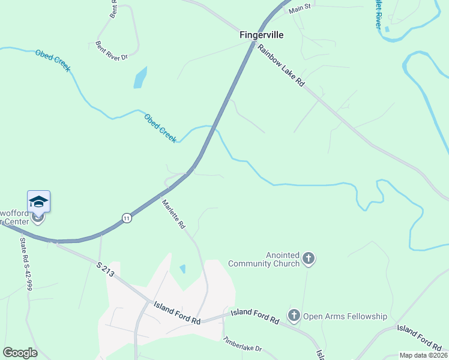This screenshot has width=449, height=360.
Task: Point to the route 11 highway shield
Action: pyautogui.click(x=126, y=218)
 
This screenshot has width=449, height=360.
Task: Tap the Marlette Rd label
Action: pyautogui.click(x=173, y=214)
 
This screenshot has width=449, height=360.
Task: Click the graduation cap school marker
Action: pyautogui.click(x=38, y=201)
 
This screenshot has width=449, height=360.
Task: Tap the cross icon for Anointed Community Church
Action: pyautogui.click(x=309, y=259)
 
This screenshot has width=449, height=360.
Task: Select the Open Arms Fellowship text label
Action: pyautogui.click(x=345, y=316)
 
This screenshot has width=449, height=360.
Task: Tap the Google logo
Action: pyautogui.click(x=20, y=353)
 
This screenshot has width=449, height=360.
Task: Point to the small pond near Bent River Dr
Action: pyautogui.click(x=140, y=77)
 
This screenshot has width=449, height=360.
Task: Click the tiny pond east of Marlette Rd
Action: pyautogui.click(x=182, y=269)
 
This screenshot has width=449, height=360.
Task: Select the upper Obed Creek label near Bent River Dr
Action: pyautogui.click(x=53, y=60)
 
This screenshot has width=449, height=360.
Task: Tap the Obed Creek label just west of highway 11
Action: pyautogui.click(x=160, y=128)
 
